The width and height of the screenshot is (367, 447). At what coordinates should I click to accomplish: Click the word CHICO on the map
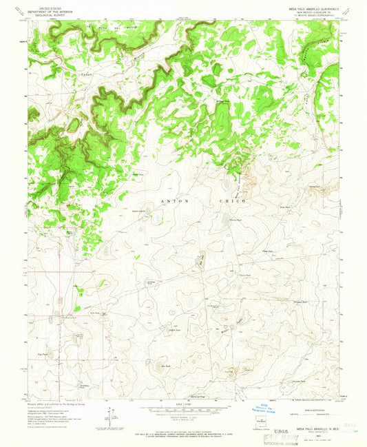236,200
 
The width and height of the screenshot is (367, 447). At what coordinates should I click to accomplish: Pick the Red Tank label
165,366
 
